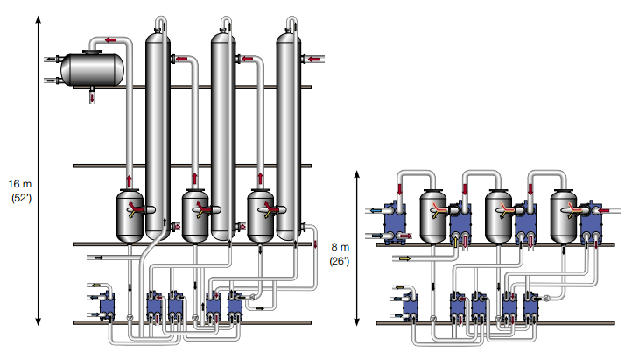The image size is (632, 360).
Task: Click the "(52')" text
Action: (20, 198)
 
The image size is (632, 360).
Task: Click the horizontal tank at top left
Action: (91, 68)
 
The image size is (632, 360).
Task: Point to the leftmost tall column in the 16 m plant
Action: (158, 131)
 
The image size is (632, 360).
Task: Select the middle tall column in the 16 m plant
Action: (222, 131)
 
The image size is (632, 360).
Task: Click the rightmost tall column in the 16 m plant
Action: (288, 131)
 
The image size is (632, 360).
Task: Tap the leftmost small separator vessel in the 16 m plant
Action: (130, 215)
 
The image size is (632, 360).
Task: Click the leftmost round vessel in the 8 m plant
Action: (435, 214)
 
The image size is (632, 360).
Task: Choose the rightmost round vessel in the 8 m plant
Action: (565, 214)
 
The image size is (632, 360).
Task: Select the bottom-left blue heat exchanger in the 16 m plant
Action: (107, 306)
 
